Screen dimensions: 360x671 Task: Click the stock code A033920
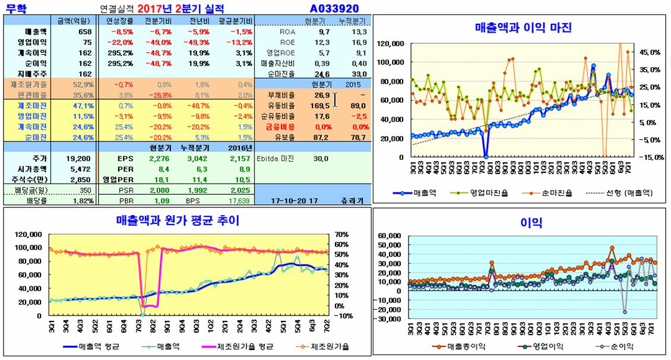click(x=334, y=8)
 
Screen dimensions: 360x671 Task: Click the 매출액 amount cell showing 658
click(x=85, y=31)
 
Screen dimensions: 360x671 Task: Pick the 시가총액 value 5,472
click(x=83, y=169)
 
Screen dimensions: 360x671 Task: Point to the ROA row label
click(x=287, y=31)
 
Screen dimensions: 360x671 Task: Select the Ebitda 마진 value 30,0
click(x=321, y=159)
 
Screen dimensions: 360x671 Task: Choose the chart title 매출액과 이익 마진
click(x=523, y=27)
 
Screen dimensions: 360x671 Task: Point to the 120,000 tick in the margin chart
click(x=390, y=43)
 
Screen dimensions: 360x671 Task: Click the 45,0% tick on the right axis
click(x=650, y=52)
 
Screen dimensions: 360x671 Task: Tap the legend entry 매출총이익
click(x=466, y=346)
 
